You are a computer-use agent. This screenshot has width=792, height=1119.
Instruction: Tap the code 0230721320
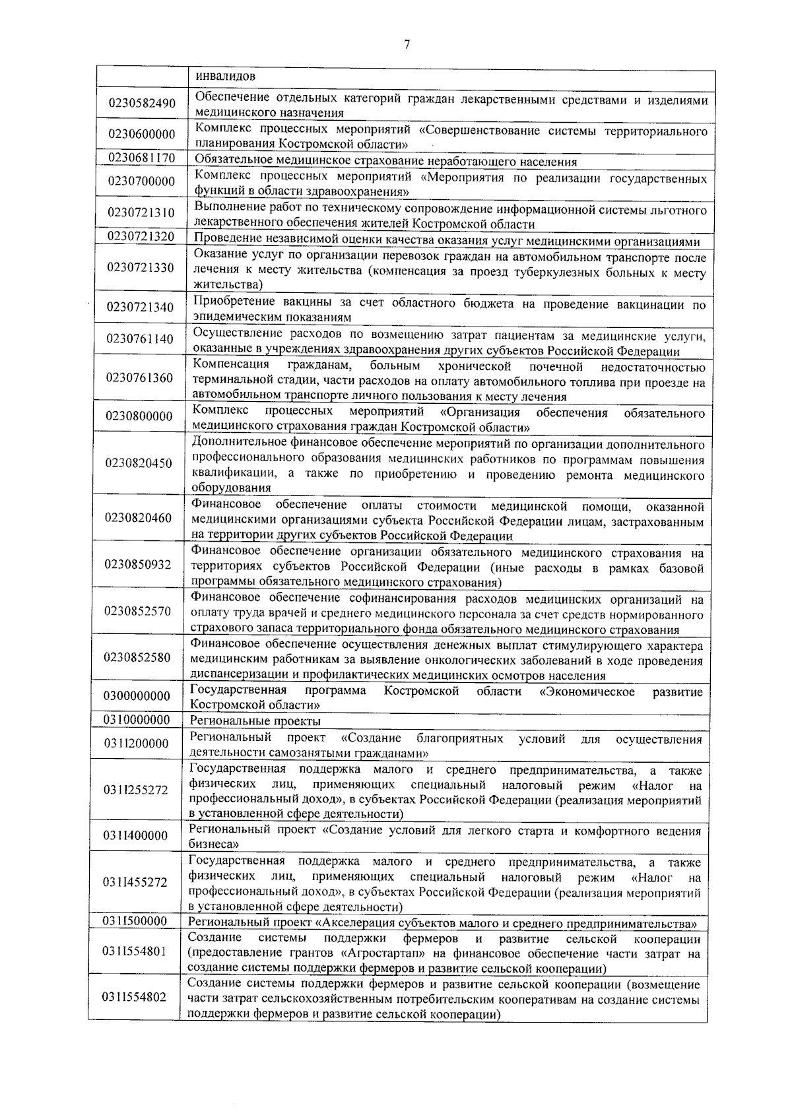coord(141,236)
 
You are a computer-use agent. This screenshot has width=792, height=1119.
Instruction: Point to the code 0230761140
coord(140,339)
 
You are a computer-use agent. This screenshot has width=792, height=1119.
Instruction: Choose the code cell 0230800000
coord(140,416)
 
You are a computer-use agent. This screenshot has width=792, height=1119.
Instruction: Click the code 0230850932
coord(138,565)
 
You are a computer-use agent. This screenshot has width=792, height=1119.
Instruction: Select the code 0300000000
coord(137,696)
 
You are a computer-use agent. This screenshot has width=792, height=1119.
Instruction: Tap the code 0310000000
coord(137,720)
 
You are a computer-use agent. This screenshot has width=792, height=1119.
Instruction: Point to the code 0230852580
coord(138,658)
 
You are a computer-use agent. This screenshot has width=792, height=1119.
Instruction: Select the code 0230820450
coord(139,463)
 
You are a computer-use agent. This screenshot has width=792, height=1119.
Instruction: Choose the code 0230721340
coord(141,307)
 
